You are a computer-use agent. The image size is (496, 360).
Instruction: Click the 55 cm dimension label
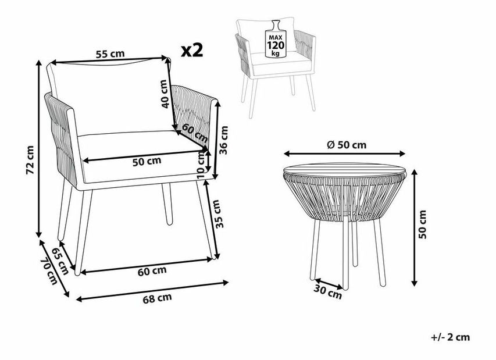click(x=110, y=54)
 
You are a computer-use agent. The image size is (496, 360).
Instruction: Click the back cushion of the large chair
click(x=105, y=96)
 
